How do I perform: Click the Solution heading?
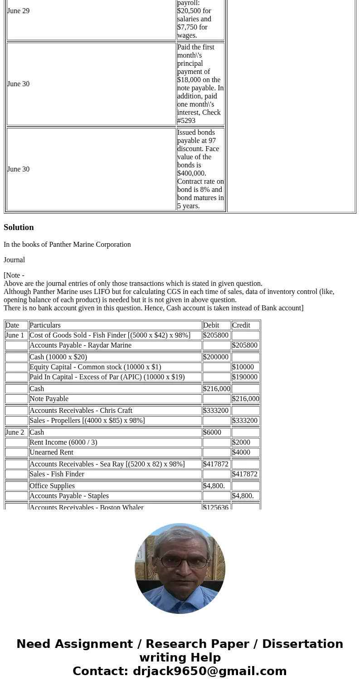tap(19, 227)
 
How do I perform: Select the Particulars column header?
tap(45, 325)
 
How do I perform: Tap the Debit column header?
tap(211, 325)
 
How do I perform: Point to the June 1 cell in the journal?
tap(15, 335)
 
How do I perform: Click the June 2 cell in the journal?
tap(15, 432)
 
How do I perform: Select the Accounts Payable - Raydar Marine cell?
tap(80, 345)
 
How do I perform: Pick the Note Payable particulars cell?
tap(49, 399)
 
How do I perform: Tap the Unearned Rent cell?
tap(51, 452)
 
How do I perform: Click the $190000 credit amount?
tap(245, 377)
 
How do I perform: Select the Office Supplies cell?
tap(52, 486)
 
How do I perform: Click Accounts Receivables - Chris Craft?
tap(81, 411)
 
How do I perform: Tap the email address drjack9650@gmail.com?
tap(209, 671)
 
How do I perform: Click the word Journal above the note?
tap(14, 260)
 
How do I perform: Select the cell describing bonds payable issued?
tap(200, 169)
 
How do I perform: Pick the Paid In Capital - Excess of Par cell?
tap(107, 377)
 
